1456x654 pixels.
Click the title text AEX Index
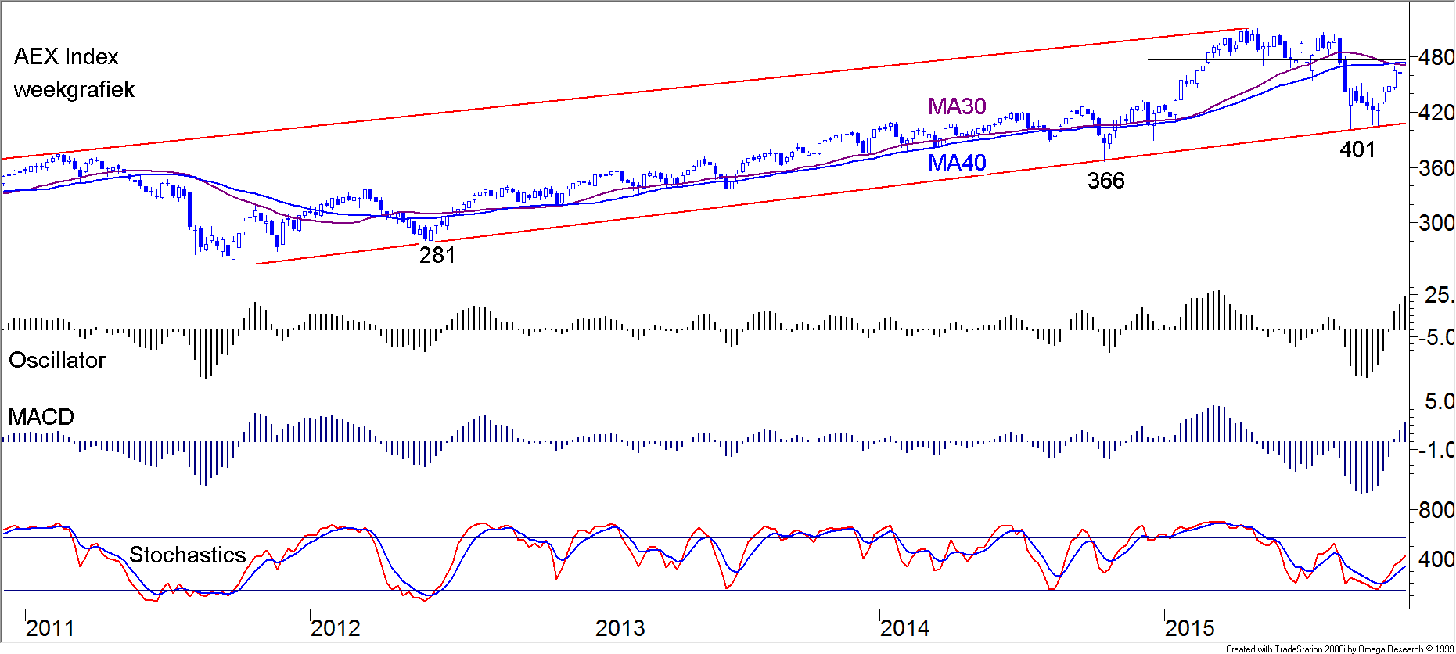coord(67,57)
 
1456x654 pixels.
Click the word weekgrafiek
coord(74,90)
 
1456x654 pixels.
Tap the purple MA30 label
coord(957,106)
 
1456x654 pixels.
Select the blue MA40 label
coord(957,163)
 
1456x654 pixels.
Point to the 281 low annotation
coord(437,255)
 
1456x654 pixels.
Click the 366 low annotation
coord(1106,181)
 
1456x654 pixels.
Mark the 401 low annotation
coord(1357,149)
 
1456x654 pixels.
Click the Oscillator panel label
coord(57,360)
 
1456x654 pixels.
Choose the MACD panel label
coord(41,417)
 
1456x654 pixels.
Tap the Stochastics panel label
coord(188,555)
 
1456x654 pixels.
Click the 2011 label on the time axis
coord(50,628)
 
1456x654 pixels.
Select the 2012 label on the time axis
coord(336,628)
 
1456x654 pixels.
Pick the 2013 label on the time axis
coord(620,628)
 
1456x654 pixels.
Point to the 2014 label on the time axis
coord(905,628)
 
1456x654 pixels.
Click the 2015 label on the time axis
coord(1190,628)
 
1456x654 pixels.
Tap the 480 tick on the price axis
coord(1436,57)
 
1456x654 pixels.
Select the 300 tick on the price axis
coord(1436,223)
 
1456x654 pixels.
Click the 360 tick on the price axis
coord(1436,168)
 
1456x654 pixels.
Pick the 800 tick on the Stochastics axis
coord(1436,510)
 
